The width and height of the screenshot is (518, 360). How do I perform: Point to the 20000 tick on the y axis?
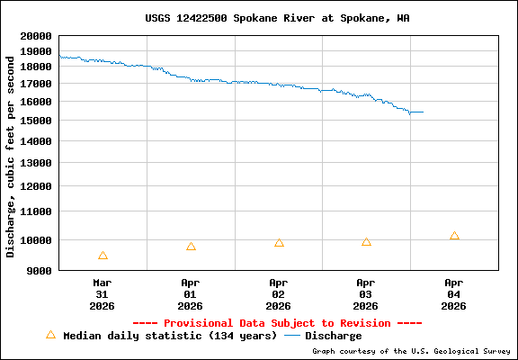pyautogui.click(x=35, y=37)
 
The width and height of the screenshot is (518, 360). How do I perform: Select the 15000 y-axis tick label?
pyautogui.click(x=35, y=121)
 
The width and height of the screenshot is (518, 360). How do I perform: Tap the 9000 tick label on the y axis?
pyautogui.click(x=39, y=270)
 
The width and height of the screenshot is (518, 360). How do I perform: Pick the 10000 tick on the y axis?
pyautogui.click(x=35, y=240)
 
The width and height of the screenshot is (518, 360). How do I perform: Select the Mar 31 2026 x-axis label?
pyautogui.click(x=103, y=293)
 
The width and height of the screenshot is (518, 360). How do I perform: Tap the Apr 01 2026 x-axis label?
pyautogui.click(x=191, y=293)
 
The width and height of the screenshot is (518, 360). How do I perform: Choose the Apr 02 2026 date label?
pyautogui.click(x=279, y=293)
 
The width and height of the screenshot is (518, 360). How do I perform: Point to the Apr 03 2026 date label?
pyautogui.click(x=366, y=293)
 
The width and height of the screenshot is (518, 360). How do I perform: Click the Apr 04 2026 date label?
pyautogui.click(x=454, y=293)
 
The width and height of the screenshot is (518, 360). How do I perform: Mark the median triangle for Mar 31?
pyautogui.click(x=103, y=256)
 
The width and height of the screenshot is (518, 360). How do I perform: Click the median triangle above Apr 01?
pyautogui.click(x=191, y=247)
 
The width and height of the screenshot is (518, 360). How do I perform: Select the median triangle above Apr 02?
pyautogui.click(x=279, y=243)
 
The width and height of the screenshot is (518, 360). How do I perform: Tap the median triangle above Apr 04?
pyautogui.click(x=454, y=236)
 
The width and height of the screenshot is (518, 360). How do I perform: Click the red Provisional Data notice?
pyautogui.click(x=277, y=323)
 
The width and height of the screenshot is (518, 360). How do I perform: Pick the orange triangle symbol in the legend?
pyautogui.click(x=50, y=335)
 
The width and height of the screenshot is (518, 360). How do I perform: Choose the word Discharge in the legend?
pyautogui.click(x=334, y=336)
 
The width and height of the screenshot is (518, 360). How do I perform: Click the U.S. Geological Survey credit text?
pyautogui.click(x=410, y=352)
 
